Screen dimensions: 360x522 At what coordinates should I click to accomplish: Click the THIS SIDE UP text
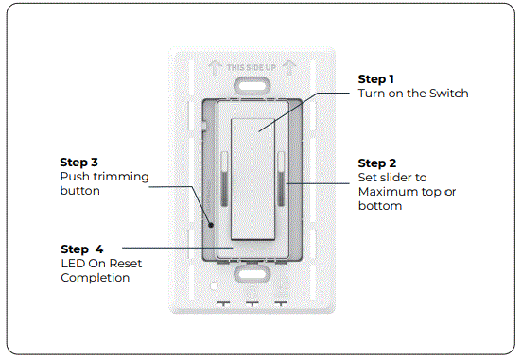click(x=252, y=67)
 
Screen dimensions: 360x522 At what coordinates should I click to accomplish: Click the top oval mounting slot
click(x=252, y=83)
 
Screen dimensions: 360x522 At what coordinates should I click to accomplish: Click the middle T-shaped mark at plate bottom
click(x=252, y=305)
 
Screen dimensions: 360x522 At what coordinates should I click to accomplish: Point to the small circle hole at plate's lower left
click(x=215, y=283)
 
